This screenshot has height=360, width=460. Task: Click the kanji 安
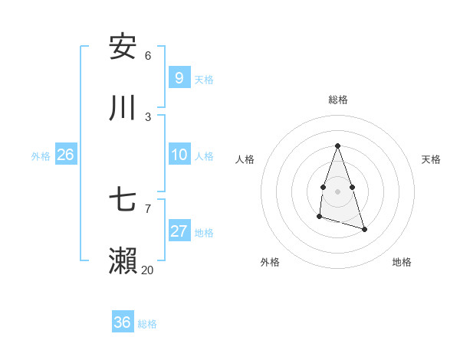(x=123, y=46)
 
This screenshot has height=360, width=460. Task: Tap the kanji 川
(x=123, y=108)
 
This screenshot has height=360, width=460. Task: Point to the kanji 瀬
(x=123, y=261)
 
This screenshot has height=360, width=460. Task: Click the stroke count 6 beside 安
(x=148, y=55)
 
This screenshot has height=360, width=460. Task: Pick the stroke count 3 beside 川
(x=148, y=116)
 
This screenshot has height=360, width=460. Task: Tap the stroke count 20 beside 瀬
(x=148, y=270)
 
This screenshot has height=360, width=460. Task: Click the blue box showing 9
(x=179, y=77)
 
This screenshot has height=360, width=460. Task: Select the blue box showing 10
(x=179, y=155)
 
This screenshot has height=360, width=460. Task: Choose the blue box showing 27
(x=179, y=231)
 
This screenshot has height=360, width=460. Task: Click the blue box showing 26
(x=65, y=155)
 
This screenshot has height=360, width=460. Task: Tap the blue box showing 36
(x=122, y=322)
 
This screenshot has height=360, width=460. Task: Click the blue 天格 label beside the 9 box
(x=204, y=79)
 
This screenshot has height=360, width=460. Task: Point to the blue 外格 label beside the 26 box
(x=41, y=156)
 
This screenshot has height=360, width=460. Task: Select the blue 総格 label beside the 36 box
(x=147, y=324)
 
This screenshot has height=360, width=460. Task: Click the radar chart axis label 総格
(x=338, y=100)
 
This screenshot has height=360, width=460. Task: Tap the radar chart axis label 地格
(x=402, y=262)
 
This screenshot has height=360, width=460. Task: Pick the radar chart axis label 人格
(x=245, y=159)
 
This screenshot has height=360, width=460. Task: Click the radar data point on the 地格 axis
(x=364, y=229)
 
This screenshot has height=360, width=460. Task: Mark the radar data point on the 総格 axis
(x=337, y=146)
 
